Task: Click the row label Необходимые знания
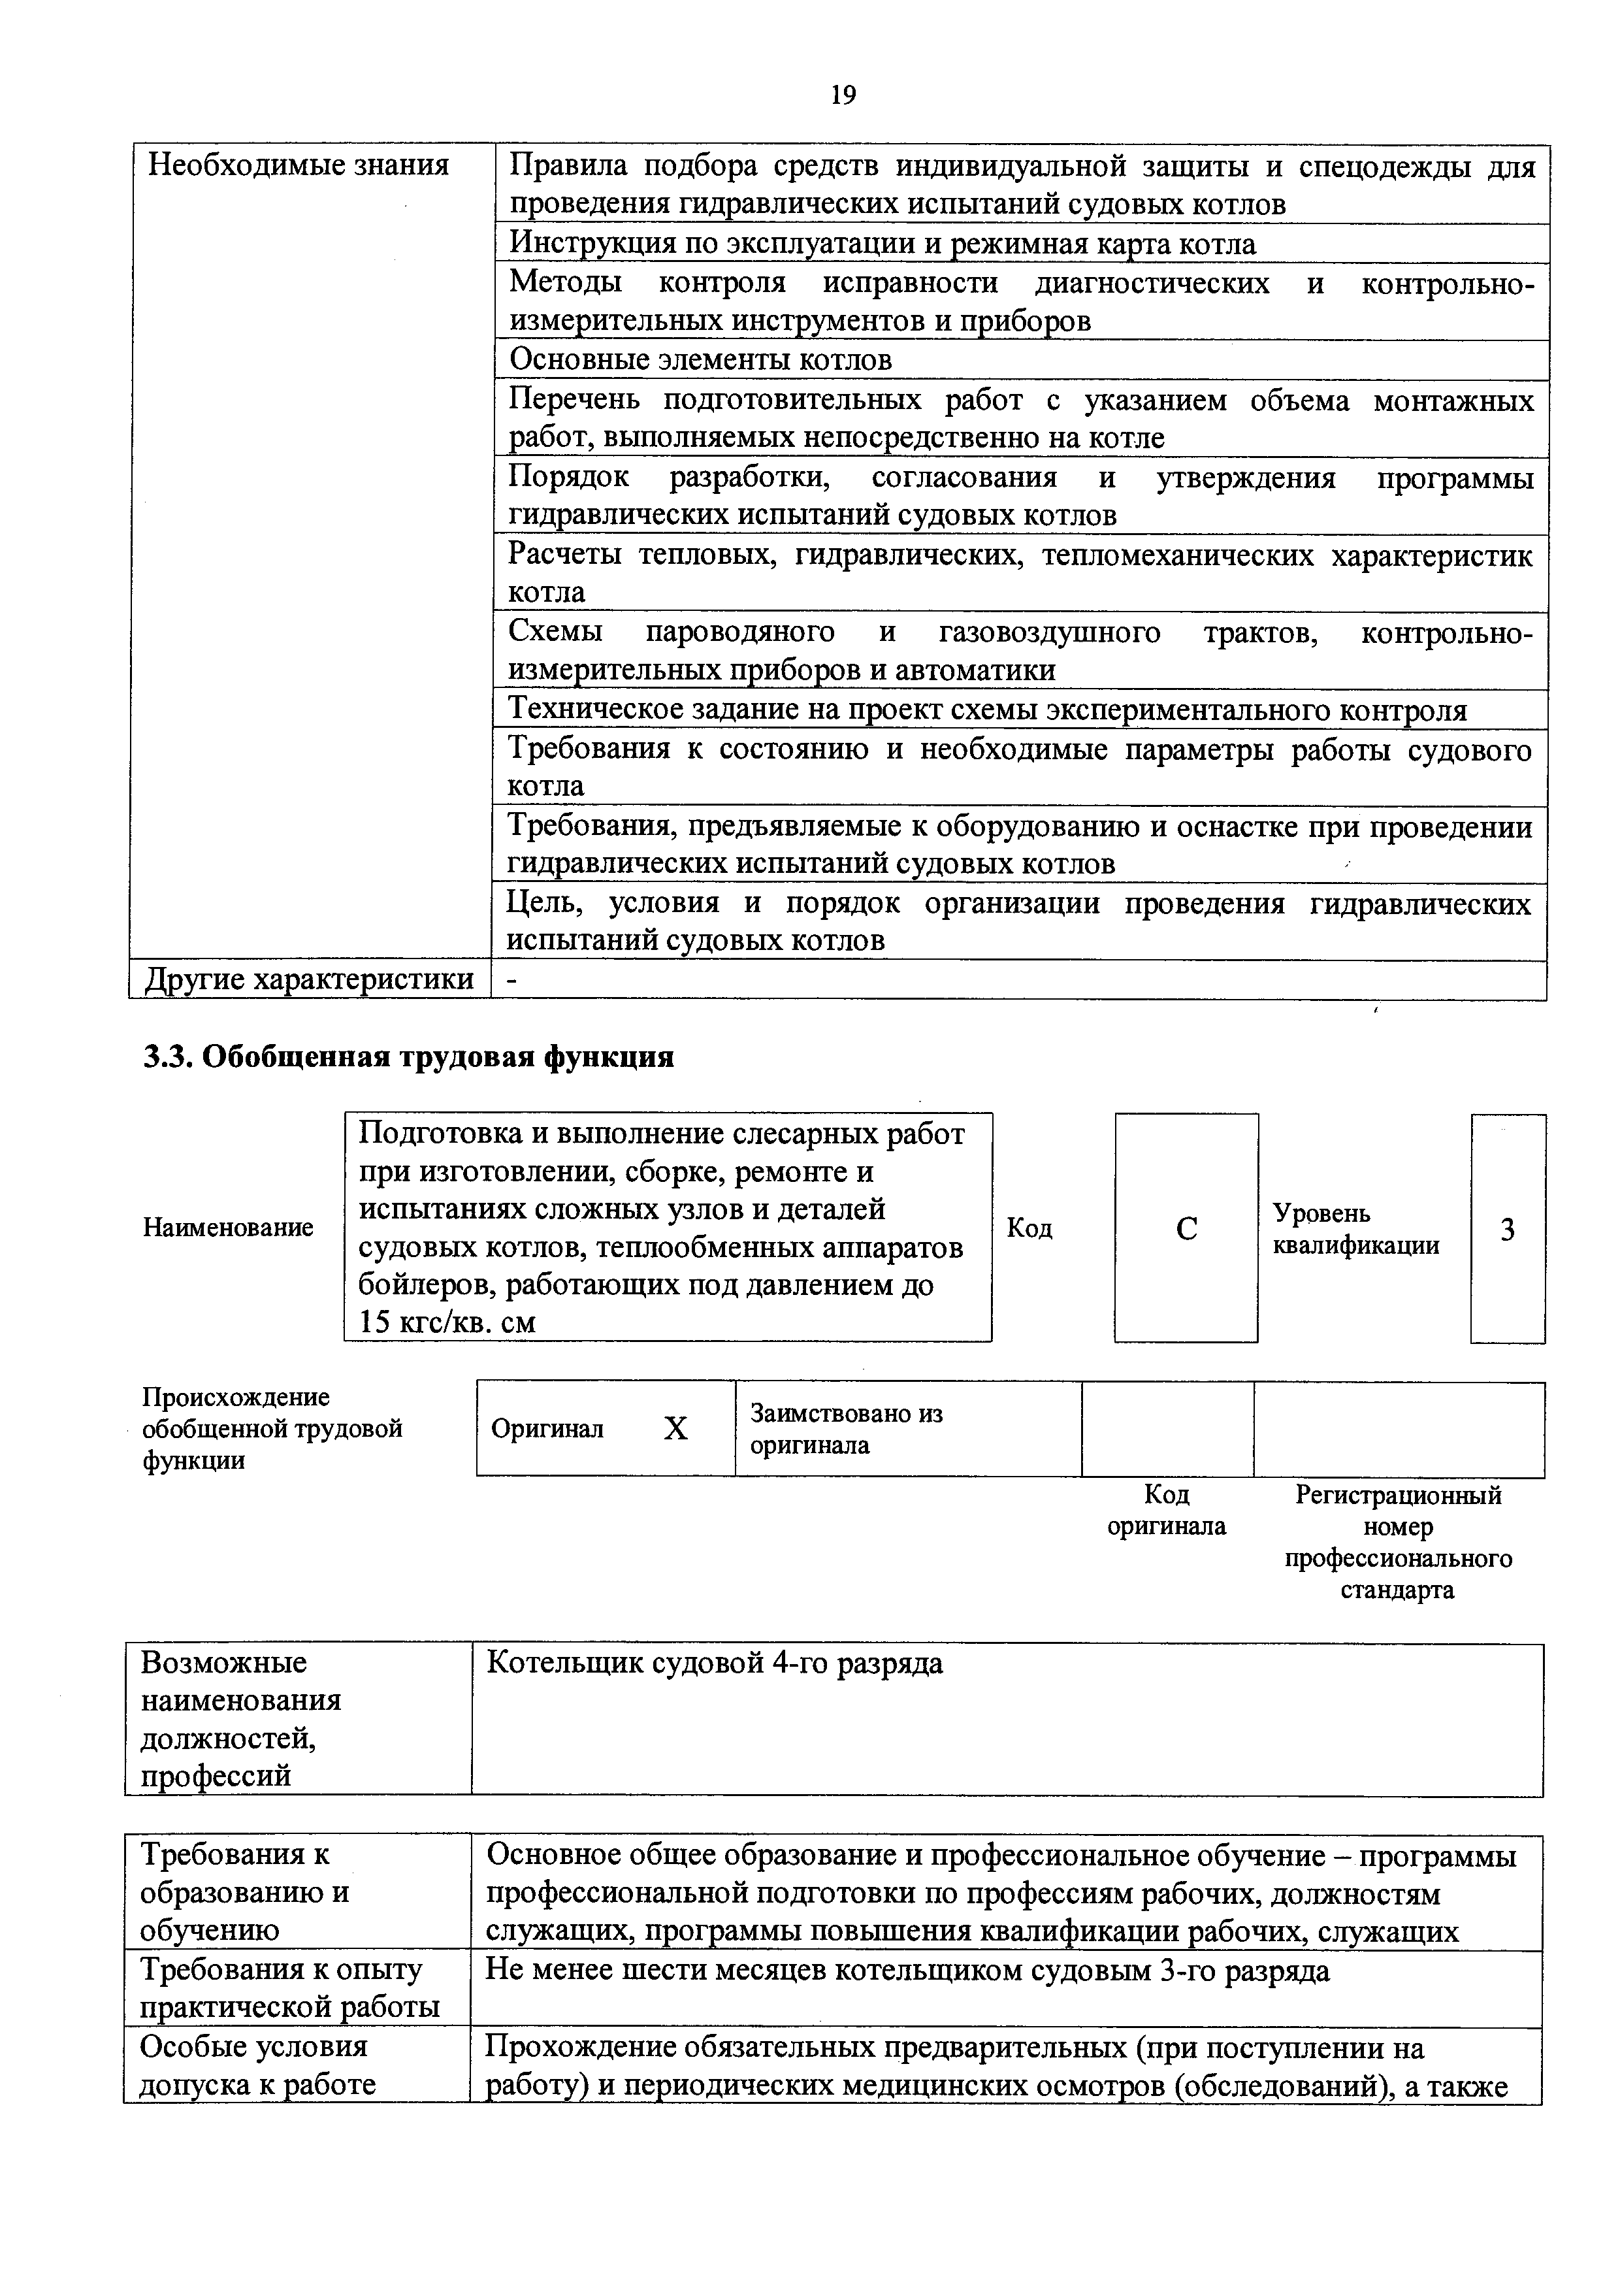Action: [299, 165]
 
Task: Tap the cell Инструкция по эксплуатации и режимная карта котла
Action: [883, 244]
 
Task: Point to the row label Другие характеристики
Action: [310, 979]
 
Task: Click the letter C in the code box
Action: [1186, 1229]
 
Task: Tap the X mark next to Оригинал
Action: [675, 1430]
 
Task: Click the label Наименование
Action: [229, 1227]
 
